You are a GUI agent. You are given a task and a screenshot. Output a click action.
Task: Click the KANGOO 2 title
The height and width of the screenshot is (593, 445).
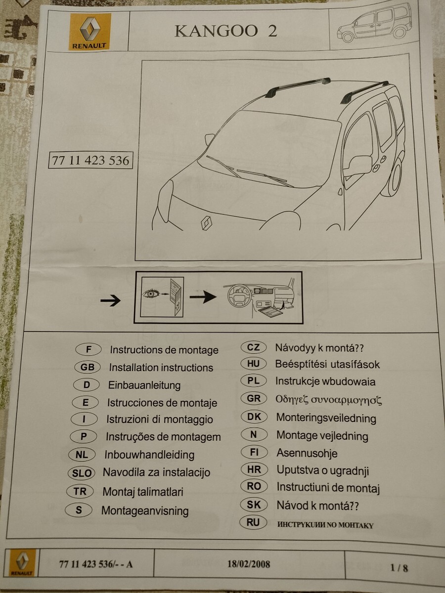[226, 31]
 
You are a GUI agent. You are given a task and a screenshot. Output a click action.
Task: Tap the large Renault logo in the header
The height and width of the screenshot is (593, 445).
[90, 32]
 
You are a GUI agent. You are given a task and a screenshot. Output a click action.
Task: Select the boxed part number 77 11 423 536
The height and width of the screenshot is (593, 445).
[90, 161]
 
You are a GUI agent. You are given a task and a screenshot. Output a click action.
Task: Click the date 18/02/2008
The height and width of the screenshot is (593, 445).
[249, 564]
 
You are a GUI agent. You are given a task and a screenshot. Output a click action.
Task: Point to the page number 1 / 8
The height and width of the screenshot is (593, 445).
[399, 568]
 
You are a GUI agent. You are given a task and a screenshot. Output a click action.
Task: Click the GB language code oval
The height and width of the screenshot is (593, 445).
[88, 367]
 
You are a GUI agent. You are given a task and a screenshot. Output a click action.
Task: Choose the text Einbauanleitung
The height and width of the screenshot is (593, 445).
[144, 385]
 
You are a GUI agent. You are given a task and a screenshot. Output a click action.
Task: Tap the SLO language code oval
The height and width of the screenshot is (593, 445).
[82, 472]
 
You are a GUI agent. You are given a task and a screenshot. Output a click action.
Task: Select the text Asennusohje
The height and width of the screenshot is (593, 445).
[307, 453]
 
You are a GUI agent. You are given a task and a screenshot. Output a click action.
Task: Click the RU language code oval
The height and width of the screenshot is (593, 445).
[253, 522]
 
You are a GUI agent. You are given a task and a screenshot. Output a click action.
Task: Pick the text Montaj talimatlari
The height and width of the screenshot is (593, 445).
[143, 491]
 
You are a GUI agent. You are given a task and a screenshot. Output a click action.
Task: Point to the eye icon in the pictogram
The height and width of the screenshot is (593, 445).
[151, 293]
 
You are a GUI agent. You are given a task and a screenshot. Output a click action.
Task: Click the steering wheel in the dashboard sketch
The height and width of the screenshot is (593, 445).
[239, 296]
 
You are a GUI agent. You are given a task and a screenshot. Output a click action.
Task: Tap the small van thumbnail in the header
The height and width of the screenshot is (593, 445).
[374, 25]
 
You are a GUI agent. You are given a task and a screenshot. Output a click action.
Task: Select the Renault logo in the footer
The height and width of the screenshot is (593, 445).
[23, 564]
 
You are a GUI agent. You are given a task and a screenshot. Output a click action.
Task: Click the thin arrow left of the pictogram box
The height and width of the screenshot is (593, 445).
[110, 300]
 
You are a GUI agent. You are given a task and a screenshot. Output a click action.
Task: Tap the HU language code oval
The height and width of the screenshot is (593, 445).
[254, 364]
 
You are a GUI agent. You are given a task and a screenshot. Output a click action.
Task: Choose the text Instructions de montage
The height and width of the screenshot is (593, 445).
[164, 350]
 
